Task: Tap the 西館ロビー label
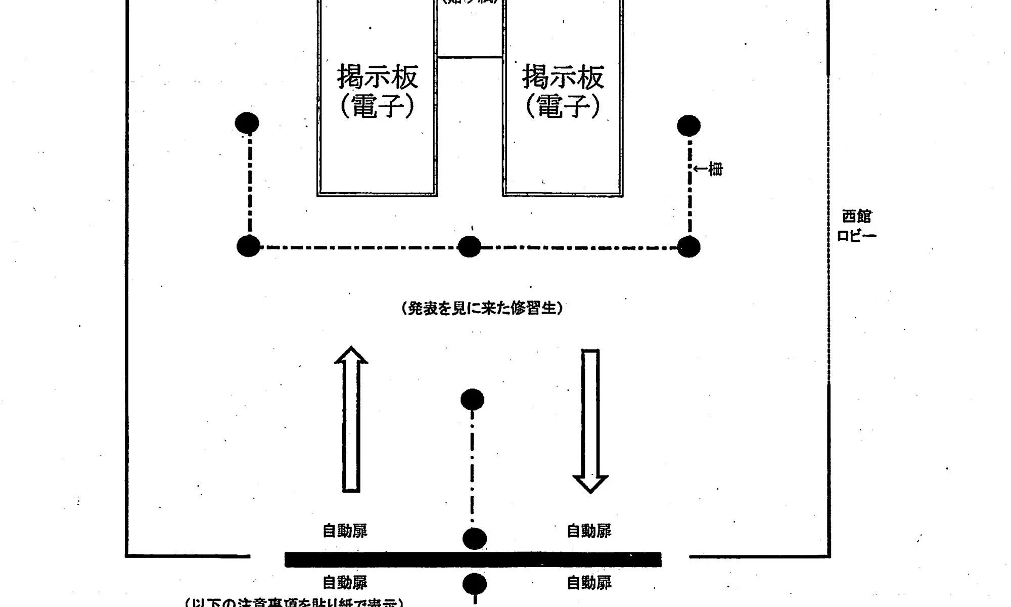click(856, 226)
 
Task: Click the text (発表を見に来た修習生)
click(482, 308)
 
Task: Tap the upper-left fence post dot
click(247, 123)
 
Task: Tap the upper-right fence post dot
click(688, 126)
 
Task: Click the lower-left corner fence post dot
click(248, 246)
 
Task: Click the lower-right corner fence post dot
click(688, 247)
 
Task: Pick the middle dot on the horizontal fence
click(469, 247)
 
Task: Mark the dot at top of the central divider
click(473, 400)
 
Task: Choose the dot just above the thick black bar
click(475, 539)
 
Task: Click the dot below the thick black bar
click(475, 584)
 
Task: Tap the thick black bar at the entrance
click(473, 559)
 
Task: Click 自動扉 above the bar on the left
click(345, 531)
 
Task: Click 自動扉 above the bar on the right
click(589, 531)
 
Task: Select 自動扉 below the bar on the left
click(345, 583)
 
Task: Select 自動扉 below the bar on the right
click(589, 583)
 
